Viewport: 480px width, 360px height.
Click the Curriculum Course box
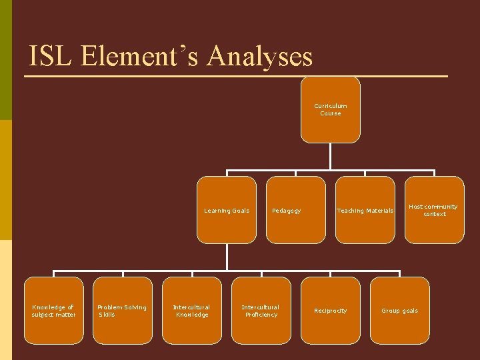pyautogui.click(x=330, y=110)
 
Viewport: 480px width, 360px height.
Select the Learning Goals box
pyautogui.click(x=227, y=210)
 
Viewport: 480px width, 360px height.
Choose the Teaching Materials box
pyautogui.click(x=365, y=210)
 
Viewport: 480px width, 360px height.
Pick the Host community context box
pyautogui.click(x=435, y=210)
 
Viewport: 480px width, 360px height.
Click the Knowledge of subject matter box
pyautogui.click(x=54, y=311)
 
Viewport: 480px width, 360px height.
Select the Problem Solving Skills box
pyautogui.click(x=123, y=311)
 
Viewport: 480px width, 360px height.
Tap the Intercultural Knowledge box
pyautogui.click(x=192, y=311)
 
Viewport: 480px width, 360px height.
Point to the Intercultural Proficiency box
pyautogui.click(x=261, y=311)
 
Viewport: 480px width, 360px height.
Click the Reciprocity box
pyautogui.click(x=331, y=311)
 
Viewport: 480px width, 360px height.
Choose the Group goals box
pyautogui.click(x=400, y=311)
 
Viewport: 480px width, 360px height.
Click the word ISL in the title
pyautogui.click(x=51, y=56)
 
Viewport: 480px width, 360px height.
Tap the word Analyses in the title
pyautogui.click(x=259, y=56)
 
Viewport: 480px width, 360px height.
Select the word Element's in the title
pyautogui.click(x=141, y=56)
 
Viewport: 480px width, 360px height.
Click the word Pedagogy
pyautogui.click(x=286, y=211)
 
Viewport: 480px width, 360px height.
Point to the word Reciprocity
pyautogui.click(x=331, y=311)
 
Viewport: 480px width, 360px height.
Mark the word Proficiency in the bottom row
pyautogui.click(x=261, y=315)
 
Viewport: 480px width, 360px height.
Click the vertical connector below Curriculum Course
pyautogui.click(x=330, y=156)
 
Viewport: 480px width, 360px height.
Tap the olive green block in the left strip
pyautogui.click(x=6, y=60)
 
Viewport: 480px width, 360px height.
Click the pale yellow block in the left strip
pyautogui.click(x=6, y=300)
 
